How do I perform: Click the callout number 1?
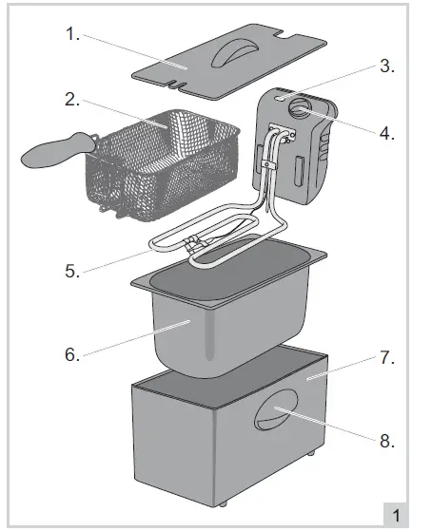coord(71,34)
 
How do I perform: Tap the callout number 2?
coord(71,98)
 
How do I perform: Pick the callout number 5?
coord(71,270)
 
